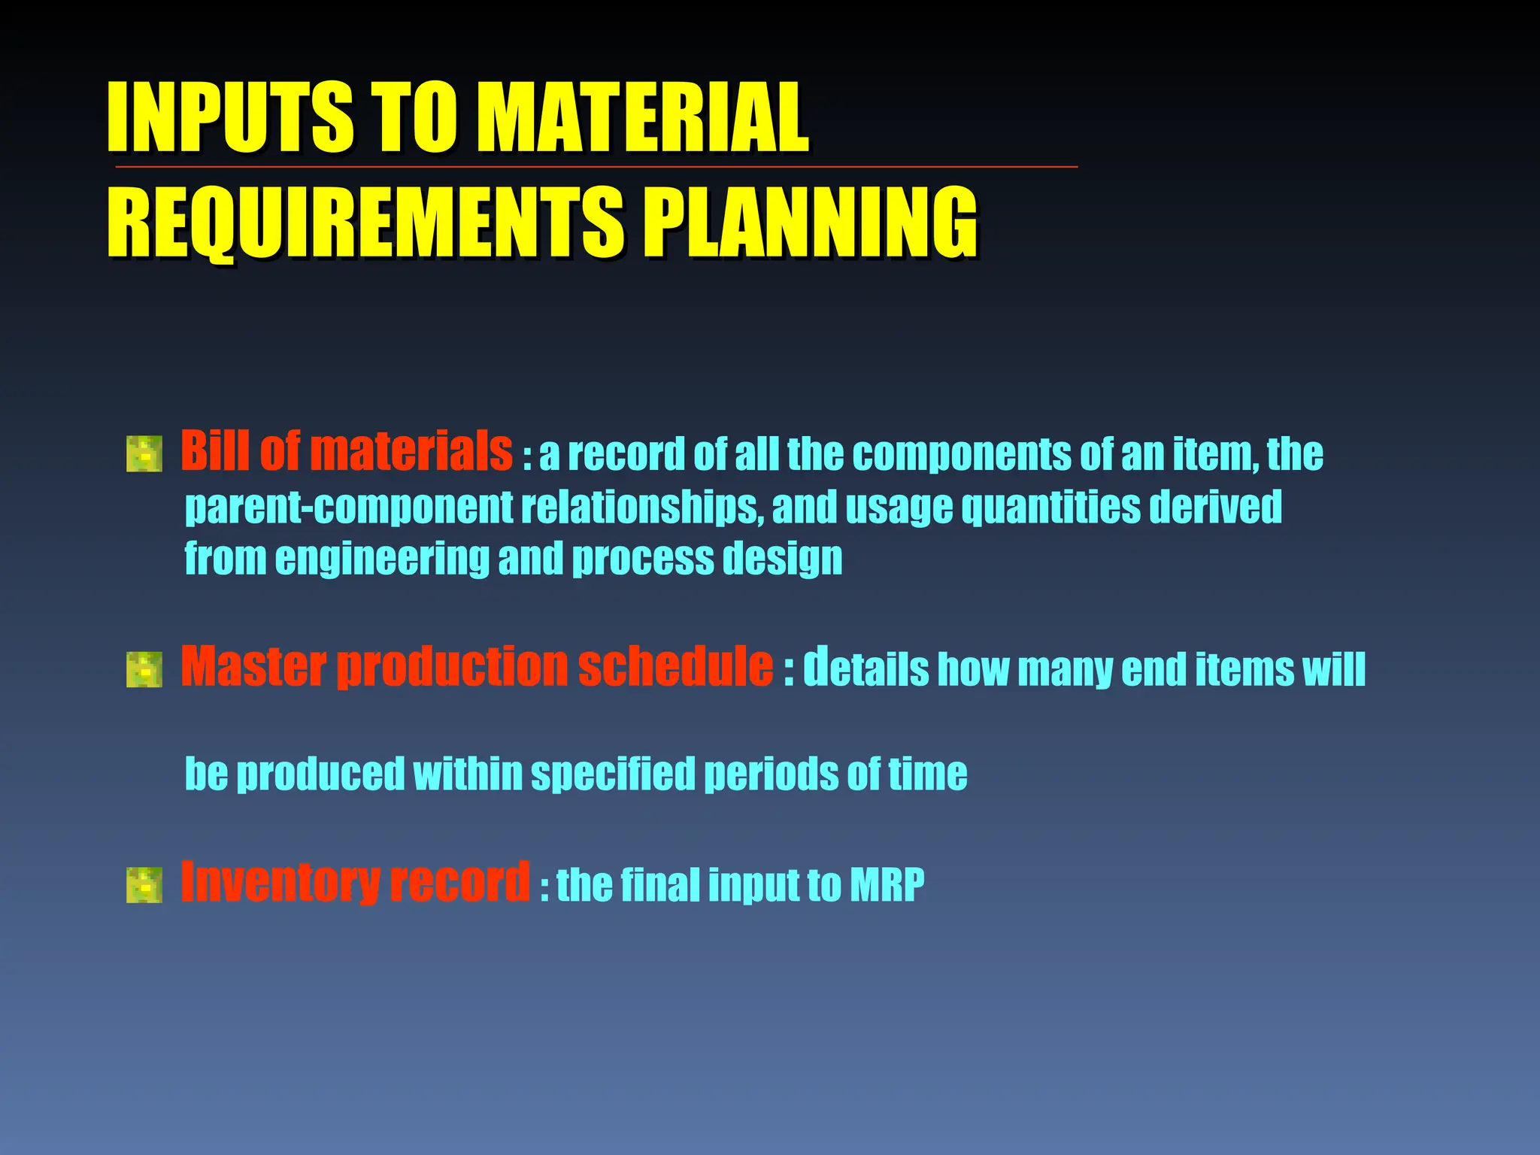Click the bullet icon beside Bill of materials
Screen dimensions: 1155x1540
tap(144, 453)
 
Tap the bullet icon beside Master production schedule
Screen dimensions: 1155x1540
tap(144, 669)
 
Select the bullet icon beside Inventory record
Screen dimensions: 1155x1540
tap(144, 884)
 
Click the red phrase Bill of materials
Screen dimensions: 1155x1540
tap(346, 451)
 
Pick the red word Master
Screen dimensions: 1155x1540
tap(253, 667)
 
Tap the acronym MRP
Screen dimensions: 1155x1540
tap(887, 885)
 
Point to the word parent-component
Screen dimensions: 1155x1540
tap(348, 508)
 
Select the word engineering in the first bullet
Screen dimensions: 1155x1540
tap(381, 559)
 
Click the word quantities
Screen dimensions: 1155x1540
tap(1050, 508)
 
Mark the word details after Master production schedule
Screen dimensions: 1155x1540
tap(865, 668)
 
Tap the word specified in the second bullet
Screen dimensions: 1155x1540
tap(613, 775)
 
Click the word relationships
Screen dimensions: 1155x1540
tap(639, 508)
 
